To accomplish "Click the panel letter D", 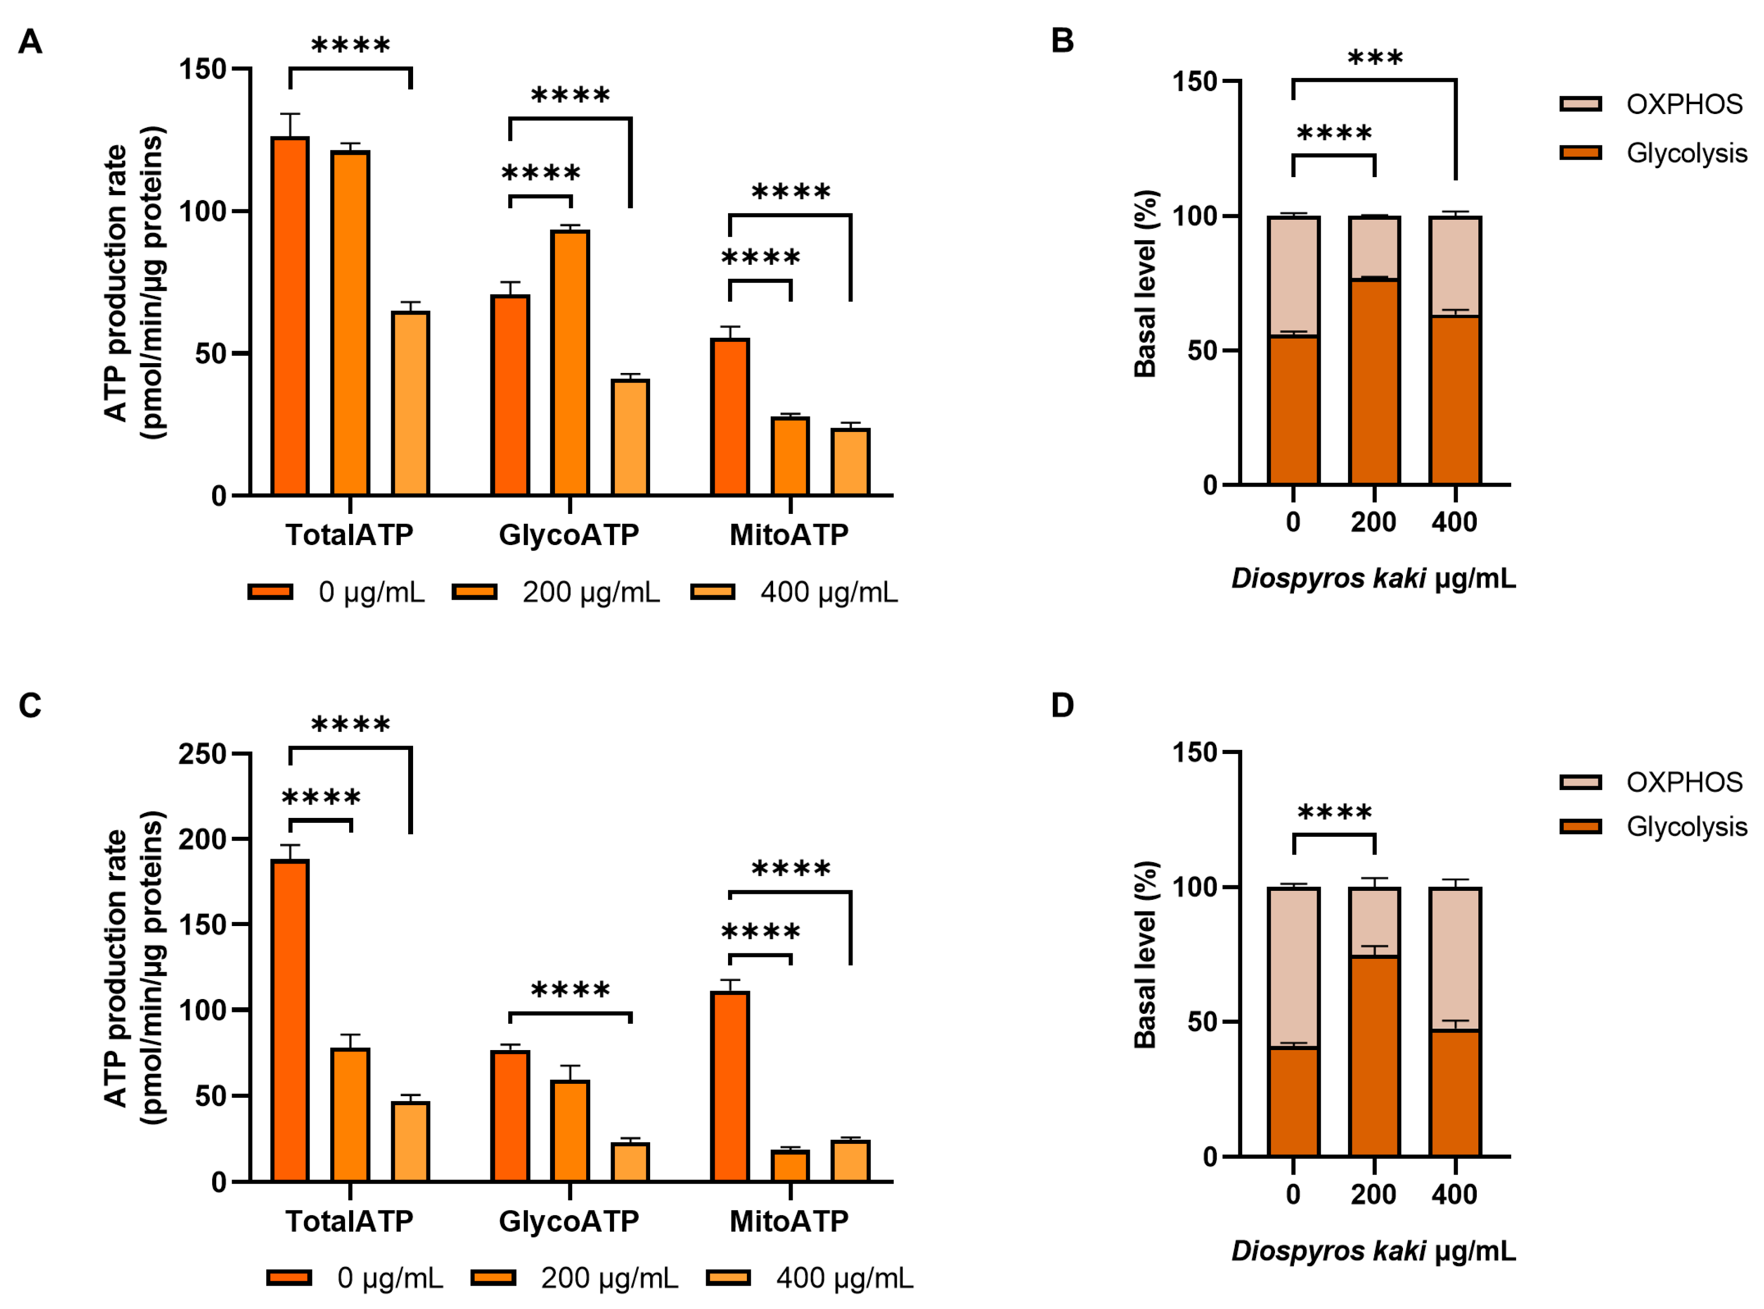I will click(x=1062, y=705).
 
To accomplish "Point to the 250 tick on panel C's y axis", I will click(x=203, y=753).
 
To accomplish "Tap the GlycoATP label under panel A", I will click(x=569, y=535).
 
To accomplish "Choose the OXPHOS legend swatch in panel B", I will click(x=1580, y=104).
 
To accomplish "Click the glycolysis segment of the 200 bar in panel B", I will click(x=1374, y=381).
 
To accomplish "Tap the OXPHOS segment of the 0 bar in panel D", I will click(x=1293, y=967).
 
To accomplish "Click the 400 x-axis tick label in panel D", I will click(x=1454, y=1194).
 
